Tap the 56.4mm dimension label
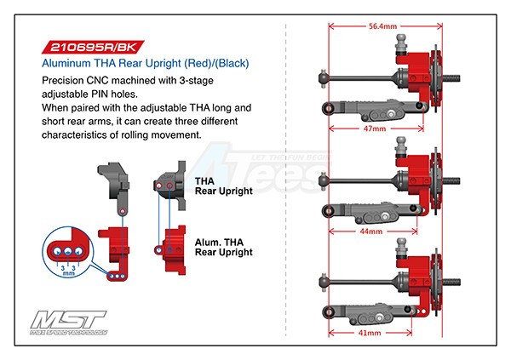coord(382,26)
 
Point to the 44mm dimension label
coord(370,230)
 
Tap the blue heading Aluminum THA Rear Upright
coord(145,64)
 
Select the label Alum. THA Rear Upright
coord(223,246)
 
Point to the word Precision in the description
coord(64,79)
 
